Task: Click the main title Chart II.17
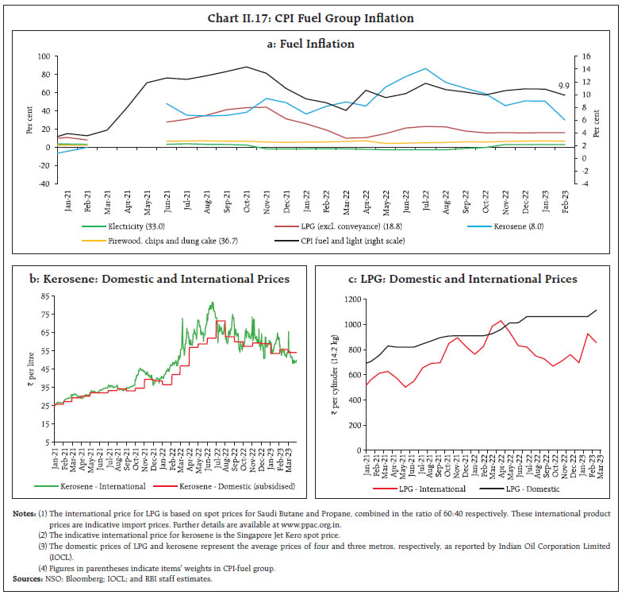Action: click(x=310, y=17)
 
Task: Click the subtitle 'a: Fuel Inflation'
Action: click(x=310, y=44)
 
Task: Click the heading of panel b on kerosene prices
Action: click(x=155, y=279)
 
